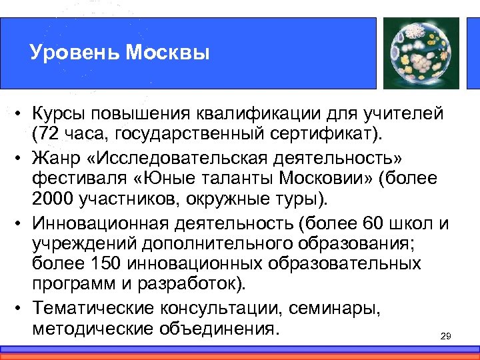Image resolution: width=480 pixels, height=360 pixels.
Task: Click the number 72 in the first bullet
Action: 47,136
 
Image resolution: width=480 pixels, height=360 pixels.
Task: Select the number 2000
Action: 55,199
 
